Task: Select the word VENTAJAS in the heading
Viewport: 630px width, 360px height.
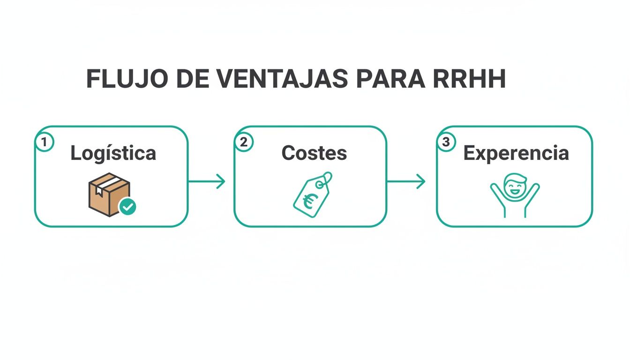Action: (283, 79)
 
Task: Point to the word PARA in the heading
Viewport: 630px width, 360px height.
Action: (390, 79)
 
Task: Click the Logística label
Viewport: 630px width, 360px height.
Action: (113, 153)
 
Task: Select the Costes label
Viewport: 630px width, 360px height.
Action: (314, 153)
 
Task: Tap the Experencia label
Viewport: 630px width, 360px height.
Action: (516, 153)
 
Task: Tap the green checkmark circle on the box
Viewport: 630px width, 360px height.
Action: (127, 206)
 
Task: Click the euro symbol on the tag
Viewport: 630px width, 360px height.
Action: (308, 202)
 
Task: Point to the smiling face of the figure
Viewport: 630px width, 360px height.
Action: (515, 185)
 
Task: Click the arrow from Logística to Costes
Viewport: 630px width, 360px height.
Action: (207, 181)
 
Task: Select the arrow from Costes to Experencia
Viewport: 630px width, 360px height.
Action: (406, 181)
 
